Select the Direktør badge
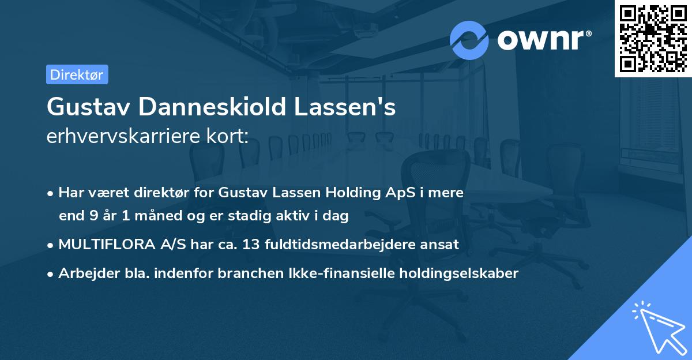pos(77,74)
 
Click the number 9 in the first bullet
pos(93,216)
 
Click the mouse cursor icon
pos(659,327)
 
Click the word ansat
pos(443,244)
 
